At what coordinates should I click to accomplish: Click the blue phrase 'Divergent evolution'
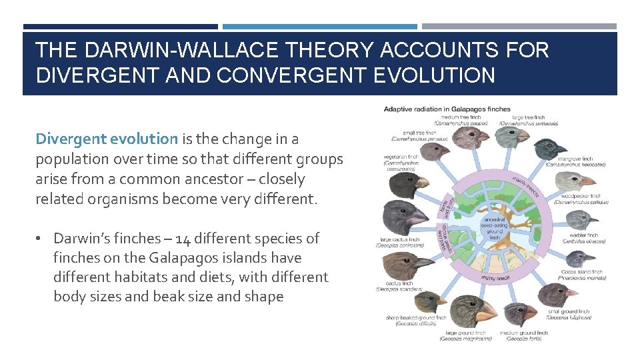coord(107,139)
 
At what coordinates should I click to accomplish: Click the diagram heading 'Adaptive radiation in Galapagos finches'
coord(447,109)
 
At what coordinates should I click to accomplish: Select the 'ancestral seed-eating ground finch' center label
coord(493,227)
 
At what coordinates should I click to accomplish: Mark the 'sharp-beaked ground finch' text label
coord(415,318)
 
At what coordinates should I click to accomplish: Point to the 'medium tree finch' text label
coord(457,118)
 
